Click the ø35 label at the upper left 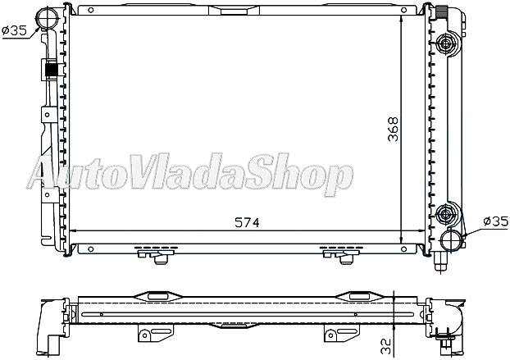16,30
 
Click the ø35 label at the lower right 495,221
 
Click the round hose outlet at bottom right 449,239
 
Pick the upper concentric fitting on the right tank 448,43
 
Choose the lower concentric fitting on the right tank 448,215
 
